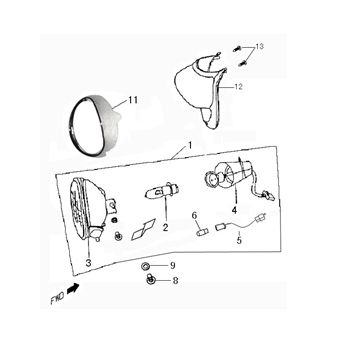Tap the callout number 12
pyautogui.click(x=240, y=87)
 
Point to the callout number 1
pyautogui.click(x=187, y=146)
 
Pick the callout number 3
pyautogui.click(x=88, y=262)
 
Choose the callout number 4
pyautogui.click(x=234, y=212)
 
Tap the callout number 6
pyautogui.click(x=194, y=215)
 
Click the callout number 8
pyautogui.click(x=174, y=283)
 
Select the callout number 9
pyautogui.click(x=173, y=265)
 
